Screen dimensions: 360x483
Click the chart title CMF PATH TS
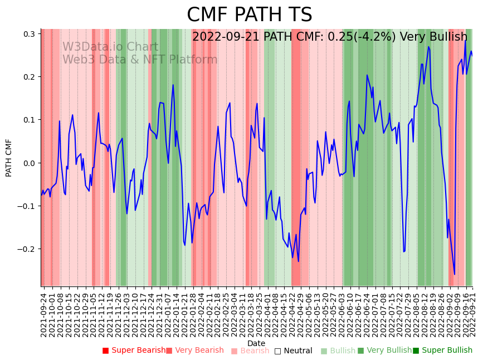[249, 15]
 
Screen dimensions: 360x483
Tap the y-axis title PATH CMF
[9, 158]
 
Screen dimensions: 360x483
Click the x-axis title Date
[256, 343]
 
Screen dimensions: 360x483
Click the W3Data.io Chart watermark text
[110, 47]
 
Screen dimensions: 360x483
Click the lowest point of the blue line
[455, 274]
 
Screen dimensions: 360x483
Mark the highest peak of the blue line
[465, 40]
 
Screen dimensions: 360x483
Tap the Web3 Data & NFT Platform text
[139, 60]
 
